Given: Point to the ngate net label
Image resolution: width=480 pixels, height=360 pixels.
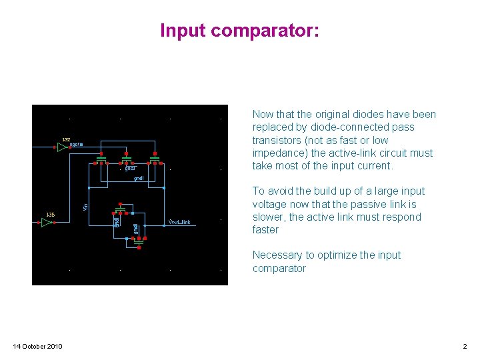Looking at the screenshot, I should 77,145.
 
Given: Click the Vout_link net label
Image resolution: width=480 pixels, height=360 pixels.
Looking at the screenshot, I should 180,222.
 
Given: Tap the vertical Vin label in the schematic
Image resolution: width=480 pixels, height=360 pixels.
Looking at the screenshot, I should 85,207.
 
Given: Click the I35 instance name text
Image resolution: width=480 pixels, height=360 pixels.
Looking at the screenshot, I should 50,214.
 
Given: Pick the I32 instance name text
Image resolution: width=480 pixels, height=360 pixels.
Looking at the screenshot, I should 66,139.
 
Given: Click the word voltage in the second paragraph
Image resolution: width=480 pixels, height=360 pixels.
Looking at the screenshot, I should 269,204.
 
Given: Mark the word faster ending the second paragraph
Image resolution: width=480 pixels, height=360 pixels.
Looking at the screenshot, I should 265,230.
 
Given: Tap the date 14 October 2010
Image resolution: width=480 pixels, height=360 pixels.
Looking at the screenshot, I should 38,346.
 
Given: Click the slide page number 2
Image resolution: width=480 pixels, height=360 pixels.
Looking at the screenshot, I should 465,346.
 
